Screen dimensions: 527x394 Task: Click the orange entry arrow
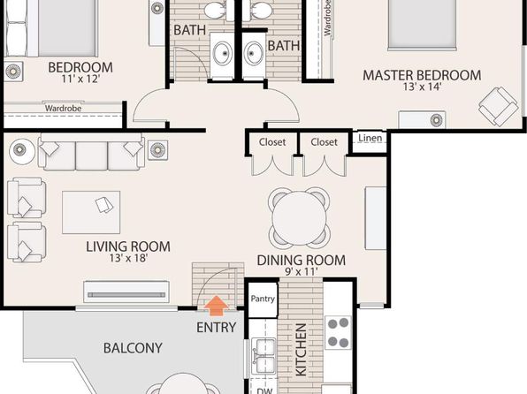click(217, 306)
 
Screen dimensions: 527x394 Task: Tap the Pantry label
click(263, 299)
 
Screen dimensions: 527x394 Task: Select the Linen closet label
click(370, 138)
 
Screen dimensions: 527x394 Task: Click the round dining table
click(299, 217)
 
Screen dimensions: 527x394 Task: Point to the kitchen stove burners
click(338, 332)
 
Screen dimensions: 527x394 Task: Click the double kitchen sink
click(263, 356)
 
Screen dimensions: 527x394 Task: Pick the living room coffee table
click(91, 212)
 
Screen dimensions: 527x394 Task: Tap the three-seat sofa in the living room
click(91, 152)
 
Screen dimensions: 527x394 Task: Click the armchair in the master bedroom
click(499, 107)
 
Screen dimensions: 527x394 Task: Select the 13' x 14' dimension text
click(422, 87)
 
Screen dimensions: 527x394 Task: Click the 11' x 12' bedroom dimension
click(80, 79)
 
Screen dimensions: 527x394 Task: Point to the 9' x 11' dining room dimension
click(302, 271)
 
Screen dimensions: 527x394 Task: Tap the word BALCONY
click(133, 348)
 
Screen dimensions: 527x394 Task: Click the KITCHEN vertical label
click(301, 349)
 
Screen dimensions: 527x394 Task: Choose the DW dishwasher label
click(264, 390)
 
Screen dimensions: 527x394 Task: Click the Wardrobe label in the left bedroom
click(63, 108)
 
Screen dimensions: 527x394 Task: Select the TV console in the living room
click(126, 292)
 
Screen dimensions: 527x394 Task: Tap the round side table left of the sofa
click(22, 152)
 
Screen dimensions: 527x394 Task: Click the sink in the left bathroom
click(223, 53)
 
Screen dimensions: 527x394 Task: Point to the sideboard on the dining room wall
click(376, 218)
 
